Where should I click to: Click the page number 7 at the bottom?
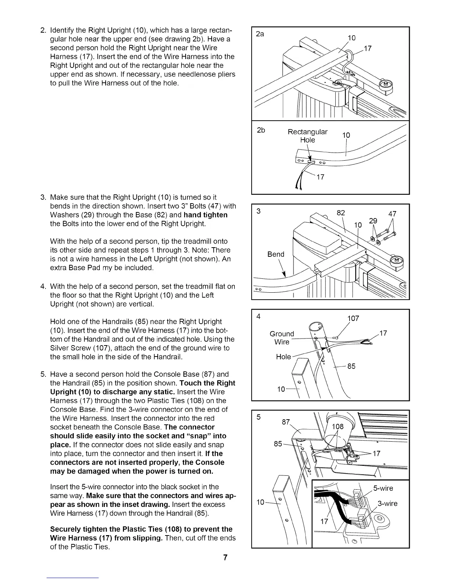(x=226, y=558)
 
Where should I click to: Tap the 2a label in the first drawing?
(x=260, y=34)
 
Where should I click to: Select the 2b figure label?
(x=261, y=130)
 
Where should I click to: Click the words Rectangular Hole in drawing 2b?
(x=307, y=136)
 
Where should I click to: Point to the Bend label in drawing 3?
(x=276, y=254)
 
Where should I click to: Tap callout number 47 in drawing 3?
(x=392, y=214)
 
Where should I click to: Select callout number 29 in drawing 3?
(x=373, y=221)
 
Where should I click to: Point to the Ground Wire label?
(x=282, y=338)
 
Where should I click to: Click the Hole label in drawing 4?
(x=283, y=357)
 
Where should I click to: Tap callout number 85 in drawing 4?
(x=351, y=366)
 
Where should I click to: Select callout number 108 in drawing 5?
(x=337, y=427)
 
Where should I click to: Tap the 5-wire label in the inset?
(x=383, y=488)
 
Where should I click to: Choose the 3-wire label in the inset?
(x=387, y=503)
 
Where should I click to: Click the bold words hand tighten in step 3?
(x=206, y=215)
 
